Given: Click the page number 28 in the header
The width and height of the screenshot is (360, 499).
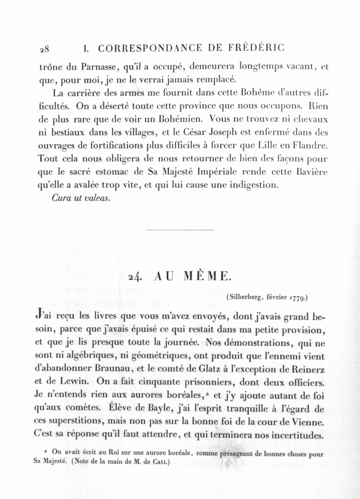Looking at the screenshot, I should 44,49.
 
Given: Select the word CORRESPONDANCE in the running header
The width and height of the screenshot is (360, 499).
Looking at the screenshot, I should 151,48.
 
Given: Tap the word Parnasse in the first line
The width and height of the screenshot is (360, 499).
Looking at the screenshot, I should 97,67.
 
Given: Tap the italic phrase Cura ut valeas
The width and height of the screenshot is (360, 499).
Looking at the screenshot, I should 81,198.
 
